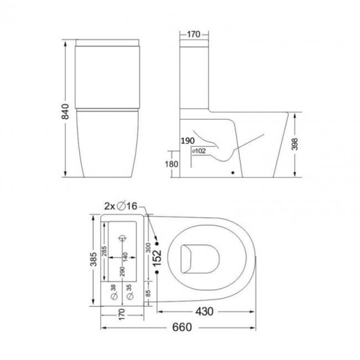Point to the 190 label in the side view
click(187, 141)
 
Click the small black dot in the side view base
click(233, 173)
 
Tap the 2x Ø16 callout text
click(120, 207)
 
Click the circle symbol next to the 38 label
click(114, 297)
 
